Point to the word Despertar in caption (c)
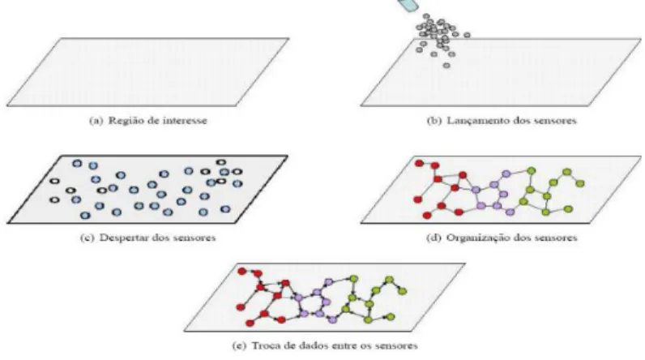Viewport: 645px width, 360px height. (124, 238)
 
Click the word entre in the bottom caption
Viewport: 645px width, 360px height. (335, 345)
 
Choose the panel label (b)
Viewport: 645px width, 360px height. (434, 121)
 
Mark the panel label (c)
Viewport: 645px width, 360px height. (88, 238)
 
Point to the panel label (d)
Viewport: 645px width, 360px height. (434, 238)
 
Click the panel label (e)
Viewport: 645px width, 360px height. (239, 345)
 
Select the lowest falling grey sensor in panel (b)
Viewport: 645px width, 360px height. (446, 66)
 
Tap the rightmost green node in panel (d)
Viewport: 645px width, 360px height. (580, 183)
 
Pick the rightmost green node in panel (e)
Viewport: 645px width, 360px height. (403, 291)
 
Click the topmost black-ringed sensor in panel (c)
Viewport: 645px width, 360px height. (221, 162)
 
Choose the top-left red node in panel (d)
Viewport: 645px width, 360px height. (419, 163)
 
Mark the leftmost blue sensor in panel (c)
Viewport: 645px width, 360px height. (76, 200)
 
